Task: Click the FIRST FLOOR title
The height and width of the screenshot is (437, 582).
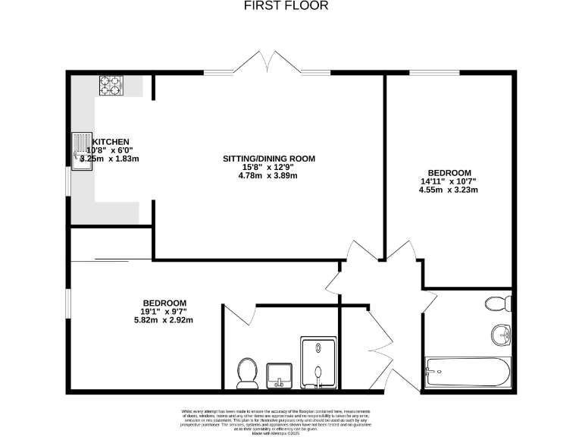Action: [286, 6]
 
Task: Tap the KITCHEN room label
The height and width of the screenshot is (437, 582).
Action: [111, 142]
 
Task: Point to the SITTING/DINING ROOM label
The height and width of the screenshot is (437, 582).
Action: [268, 159]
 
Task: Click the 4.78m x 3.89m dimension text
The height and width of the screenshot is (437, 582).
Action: [268, 176]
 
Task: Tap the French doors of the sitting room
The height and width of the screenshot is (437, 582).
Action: [267, 65]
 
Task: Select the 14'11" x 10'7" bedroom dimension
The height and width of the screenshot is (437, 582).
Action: [449, 181]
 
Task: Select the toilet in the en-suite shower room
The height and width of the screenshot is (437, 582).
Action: [246, 371]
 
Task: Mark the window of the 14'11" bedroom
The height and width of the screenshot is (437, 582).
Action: [433, 74]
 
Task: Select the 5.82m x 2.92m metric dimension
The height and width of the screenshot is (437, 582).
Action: [163, 319]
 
